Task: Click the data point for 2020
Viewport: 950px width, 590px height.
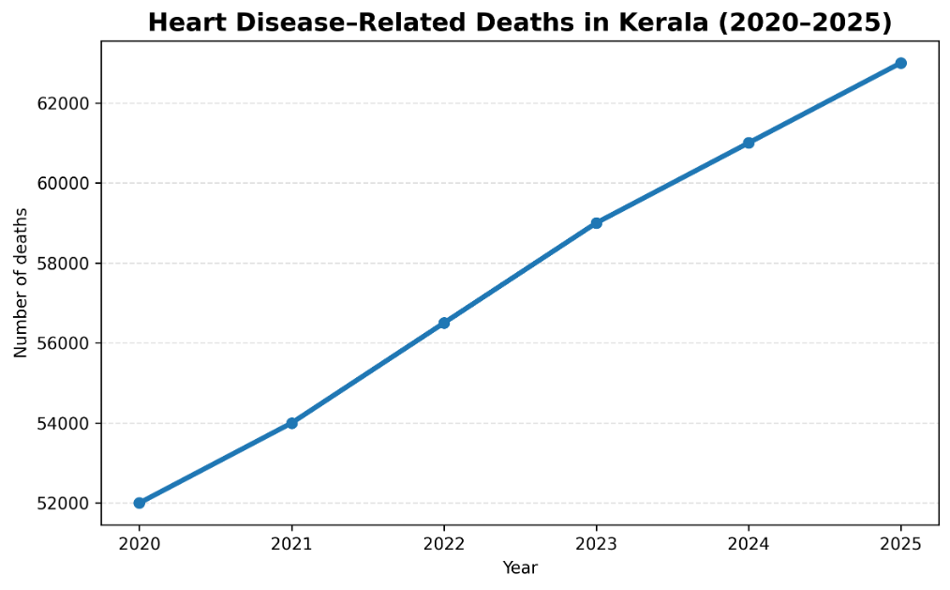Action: (140, 503)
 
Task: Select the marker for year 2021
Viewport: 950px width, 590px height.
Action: (291, 423)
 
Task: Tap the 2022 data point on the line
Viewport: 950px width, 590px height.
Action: (444, 323)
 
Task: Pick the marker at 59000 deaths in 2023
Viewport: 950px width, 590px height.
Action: (596, 223)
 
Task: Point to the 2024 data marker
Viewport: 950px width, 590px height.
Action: (749, 143)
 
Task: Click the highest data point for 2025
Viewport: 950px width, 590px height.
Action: (900, 63)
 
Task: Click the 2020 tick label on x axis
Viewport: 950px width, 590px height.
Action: (140, 542)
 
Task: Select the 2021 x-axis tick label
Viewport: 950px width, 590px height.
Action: (291, 542)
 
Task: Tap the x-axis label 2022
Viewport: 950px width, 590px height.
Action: (444, 542)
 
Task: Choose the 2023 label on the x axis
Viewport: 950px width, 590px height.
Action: (596, 542)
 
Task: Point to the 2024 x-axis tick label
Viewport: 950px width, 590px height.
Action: (749, 542)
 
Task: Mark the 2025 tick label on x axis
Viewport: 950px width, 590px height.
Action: (900, 542)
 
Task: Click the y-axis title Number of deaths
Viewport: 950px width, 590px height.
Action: (21, 282)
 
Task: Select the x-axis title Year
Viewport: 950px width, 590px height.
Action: (520, 567)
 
